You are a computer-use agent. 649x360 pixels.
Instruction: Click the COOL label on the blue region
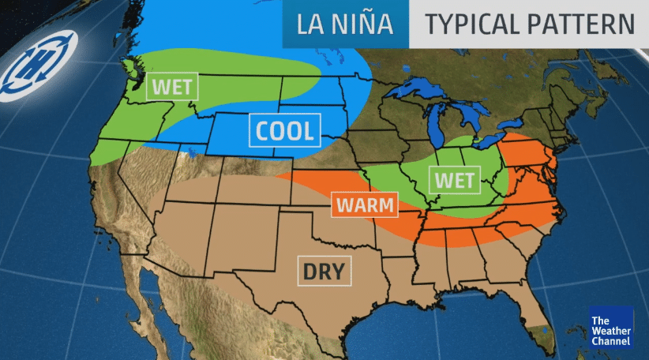point(283,131)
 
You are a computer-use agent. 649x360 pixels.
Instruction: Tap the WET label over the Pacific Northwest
point(171,86)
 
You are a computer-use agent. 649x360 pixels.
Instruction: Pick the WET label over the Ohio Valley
point(455,181)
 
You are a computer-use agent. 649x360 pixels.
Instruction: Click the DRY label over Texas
point(324,272)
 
